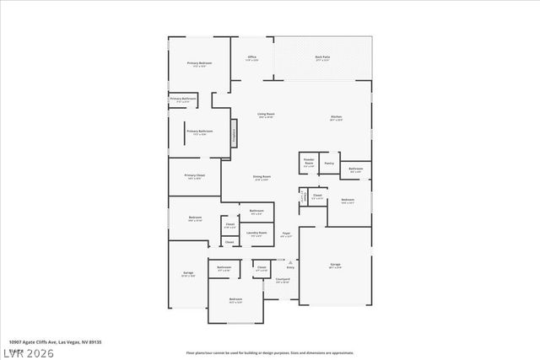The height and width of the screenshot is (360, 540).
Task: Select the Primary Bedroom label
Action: click(x=199, y=64)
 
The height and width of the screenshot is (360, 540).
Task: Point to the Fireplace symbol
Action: click(x=234, y=132)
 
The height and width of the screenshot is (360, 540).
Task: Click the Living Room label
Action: click(x=266, y=115)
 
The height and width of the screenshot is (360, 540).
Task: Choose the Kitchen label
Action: click(x=336, y=118)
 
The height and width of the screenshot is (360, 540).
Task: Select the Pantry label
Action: click(x=329, y=163)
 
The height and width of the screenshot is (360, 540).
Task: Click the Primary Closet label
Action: click(x=194, y=177)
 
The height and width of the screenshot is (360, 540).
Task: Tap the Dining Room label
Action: click(x=262, y=177)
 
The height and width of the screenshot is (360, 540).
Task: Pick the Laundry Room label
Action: click(x=256, y=234)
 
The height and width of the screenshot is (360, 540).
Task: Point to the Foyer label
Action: click(x=286, y=235)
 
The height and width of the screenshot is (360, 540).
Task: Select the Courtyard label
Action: click(x=283, y=280)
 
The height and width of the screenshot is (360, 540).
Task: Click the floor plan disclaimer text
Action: click(x=269, y=352)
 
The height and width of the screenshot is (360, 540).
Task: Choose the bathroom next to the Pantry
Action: click(x=356, y=170)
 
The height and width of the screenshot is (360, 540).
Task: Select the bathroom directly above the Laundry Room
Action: click(x=256, y=212)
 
